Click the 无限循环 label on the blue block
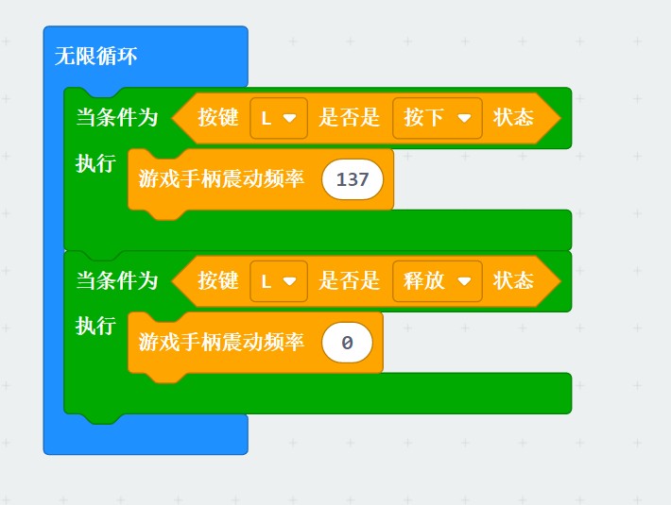[x=95, y=56]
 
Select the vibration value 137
[x=353, y=179]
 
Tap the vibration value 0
[x=347, y=343]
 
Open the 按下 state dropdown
[x=438, y=118]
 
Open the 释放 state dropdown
[x=438, y=281]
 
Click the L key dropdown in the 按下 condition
[x=279, y=118]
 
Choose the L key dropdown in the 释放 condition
[x=279, y=281]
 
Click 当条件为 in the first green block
[x=117, y=117]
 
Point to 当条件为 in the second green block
[x=117, y=280]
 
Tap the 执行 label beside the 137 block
[x=95, y=163]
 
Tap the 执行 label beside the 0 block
[x=95, y=326]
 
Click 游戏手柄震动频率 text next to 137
[x=221, y=178]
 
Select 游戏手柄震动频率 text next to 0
[x=221, y=342]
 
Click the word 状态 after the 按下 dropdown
[x=513, y=117]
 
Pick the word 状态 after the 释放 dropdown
[x=513, y=280]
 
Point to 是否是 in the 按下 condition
[x=349, y=117]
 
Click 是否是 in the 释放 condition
[x=349, y=280]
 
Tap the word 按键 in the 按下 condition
[x=217, y=117]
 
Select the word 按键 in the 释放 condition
[x=217, y=280]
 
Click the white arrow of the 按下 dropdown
[x=464, y=118]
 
